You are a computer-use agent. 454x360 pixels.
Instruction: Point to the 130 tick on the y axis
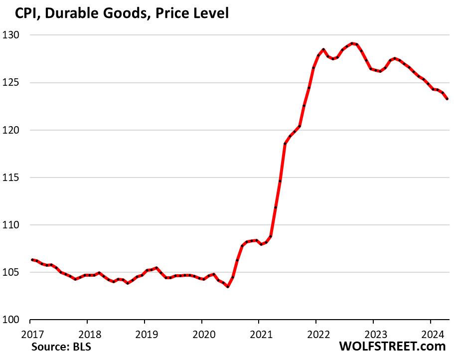(16, 35)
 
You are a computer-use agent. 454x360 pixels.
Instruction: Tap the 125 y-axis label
(16, 83)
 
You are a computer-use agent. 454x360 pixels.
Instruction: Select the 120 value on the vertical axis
(16, 130)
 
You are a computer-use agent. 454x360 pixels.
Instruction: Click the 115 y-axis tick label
(16, 178)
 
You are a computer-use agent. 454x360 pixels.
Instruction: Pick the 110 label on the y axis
(16, 225)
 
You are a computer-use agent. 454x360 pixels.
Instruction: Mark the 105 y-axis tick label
(16, 272)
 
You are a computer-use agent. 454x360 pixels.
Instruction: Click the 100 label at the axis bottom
(16, 320)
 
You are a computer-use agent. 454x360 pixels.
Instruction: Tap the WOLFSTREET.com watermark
(392, 346)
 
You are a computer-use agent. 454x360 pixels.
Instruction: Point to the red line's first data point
(32, 259)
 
